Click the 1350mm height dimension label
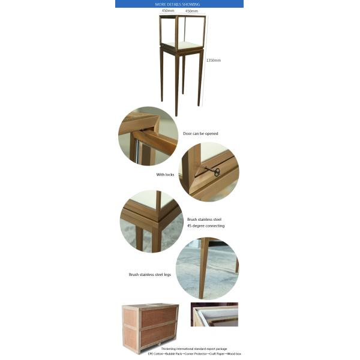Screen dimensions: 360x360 pos(214,60)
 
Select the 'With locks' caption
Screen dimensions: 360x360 pos(165,175)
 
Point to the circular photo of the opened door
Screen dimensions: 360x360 pos(148,136)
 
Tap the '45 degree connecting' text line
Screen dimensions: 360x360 pos(206,226)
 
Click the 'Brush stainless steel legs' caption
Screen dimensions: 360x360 pos(150,274)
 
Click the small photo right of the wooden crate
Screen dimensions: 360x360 pos(214,314)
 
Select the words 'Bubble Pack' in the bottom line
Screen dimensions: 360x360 pos(175,354)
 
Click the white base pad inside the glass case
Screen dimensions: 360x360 pos(183,44)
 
